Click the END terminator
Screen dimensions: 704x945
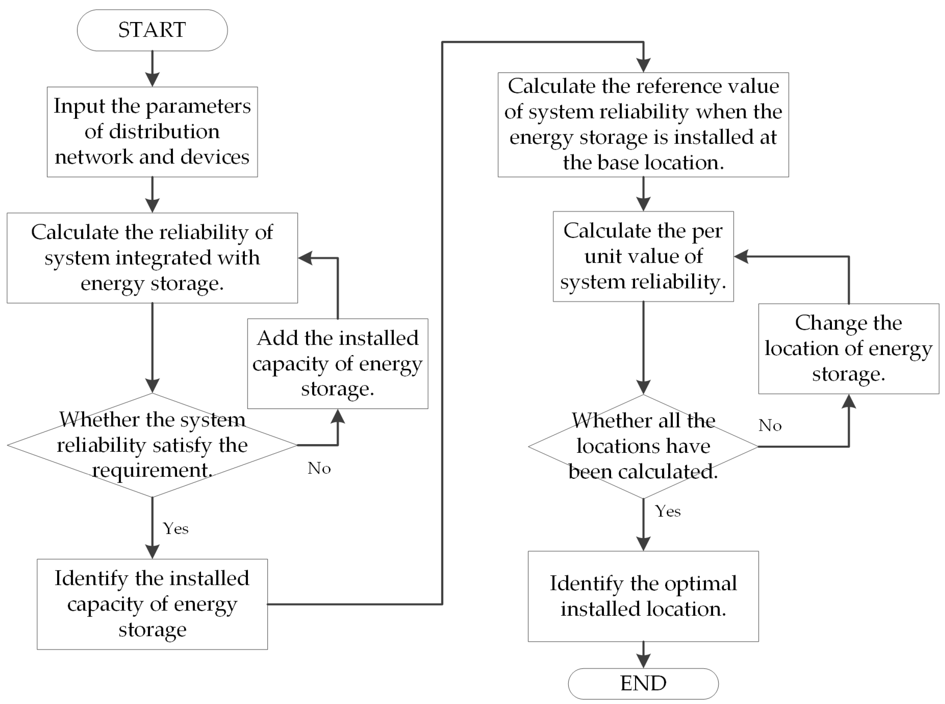tap(643, 683)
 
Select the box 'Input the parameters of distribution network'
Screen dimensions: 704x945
tap(152, 132)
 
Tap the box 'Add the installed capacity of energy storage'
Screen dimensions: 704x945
tap(338, 363)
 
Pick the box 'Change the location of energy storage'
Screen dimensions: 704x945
tap(848, 349)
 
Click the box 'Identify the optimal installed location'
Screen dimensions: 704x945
tap(643, 596)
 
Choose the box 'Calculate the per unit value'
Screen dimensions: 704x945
tap(643, 256)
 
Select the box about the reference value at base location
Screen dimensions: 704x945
tap(643, 124)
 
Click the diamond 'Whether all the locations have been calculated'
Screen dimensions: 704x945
tap(643, 446)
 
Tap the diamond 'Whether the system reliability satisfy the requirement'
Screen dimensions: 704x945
tap(152, 445)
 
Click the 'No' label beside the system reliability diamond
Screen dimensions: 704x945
tap(319, 468)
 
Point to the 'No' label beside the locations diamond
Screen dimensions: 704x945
tap(770, 425)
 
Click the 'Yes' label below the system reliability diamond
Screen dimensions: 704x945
tap(176, 529)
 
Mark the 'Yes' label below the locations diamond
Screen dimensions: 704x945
tap(667, 511)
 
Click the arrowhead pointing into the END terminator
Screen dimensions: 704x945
tap(643, 661)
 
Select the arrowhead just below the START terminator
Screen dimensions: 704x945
tap(152, 79)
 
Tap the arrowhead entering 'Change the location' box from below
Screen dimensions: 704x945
tap(849, 402)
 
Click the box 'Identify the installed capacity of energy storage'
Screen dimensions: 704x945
tap(152, 604)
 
